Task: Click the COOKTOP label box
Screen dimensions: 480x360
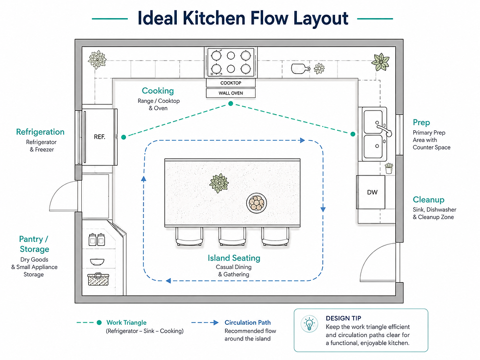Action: point(231,83)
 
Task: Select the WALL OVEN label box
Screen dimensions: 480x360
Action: point(231,93)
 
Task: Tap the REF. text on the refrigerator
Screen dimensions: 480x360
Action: point(99,137)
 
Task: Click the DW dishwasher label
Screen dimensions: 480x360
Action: point(372,192)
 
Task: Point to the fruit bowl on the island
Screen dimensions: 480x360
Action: point(257,203)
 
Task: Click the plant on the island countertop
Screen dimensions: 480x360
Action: point(219,183)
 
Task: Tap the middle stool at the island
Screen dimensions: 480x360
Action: point(232,236)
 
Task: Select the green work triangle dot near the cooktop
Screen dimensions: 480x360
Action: point(231,104)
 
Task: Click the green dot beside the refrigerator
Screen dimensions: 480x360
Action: point(123,137)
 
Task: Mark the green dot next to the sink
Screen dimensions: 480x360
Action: point(353,134)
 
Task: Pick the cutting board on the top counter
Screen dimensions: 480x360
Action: point(300,69)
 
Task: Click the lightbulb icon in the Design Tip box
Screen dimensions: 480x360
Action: point(309,324)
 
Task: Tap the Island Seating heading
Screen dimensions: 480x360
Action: point(234,258)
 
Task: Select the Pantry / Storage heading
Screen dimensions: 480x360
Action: point(34,244)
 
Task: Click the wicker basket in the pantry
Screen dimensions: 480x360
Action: point(98,279)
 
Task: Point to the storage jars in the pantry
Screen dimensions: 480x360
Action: point(97,240)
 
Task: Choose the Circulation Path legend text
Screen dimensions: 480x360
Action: point(248,322)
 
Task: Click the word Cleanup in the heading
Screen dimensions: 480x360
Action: point(429,200)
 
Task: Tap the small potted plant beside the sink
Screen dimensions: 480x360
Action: point(389,168)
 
